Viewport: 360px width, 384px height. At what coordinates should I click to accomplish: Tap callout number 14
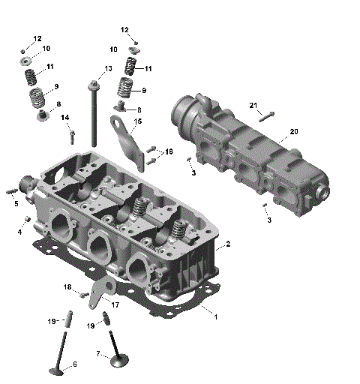(65, 118)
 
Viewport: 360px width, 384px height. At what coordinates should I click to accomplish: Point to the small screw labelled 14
(72, 137)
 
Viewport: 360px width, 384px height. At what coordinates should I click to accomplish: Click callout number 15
(137, 121)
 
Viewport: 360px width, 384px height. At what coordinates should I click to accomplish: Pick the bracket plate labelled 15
(131, 142)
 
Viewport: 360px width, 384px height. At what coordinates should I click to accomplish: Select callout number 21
(253, 104)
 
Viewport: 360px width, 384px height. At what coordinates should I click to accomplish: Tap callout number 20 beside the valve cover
(294, 131)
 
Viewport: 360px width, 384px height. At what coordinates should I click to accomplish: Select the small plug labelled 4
(28, 218)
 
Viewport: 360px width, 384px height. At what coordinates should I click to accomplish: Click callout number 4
(19, 232)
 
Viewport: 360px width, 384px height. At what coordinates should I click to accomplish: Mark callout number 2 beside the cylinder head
(227, 244)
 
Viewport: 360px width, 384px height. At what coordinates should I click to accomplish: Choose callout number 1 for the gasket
(216, 317)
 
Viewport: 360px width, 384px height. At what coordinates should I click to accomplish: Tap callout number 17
(115, 304)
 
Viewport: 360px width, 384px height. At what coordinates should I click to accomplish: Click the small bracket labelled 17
(97, 294)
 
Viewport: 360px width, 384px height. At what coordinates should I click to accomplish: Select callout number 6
(73, 365)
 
